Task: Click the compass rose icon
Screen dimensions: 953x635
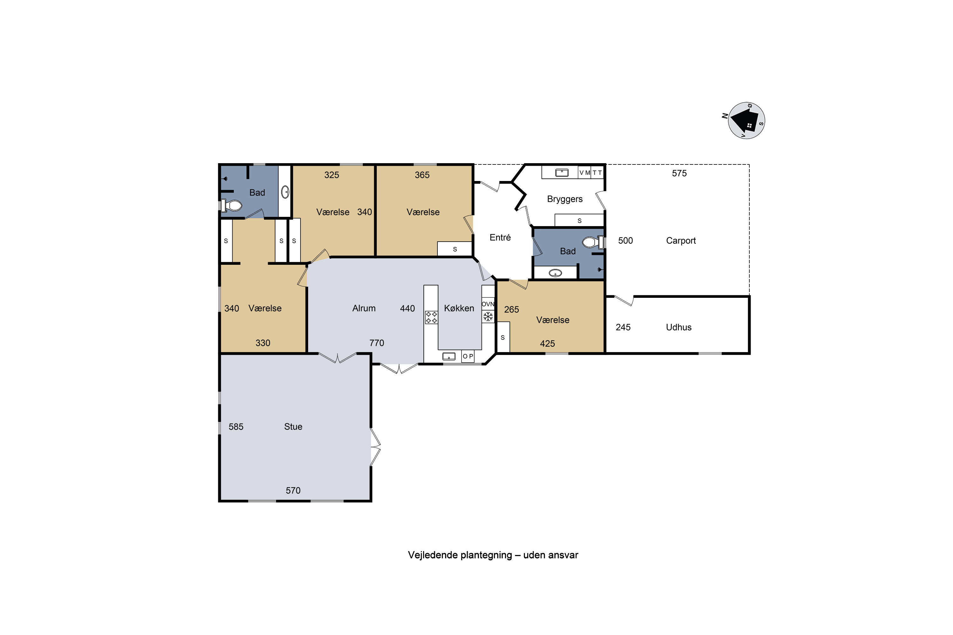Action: [746, 121]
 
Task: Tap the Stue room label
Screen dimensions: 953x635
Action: [293, 426]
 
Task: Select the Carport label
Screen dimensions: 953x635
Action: [681, 241]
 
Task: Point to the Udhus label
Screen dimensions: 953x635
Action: [679, 327]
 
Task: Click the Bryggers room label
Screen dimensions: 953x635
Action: [565, 199]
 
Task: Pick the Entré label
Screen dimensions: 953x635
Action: [500, 237]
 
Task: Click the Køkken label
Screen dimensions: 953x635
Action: [459, 308]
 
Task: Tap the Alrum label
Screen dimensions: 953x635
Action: [364, 308]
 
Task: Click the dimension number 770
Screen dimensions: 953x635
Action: [377, 343]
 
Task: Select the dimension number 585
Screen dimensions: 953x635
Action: [236, 427]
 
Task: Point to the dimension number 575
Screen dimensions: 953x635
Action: [679, 173]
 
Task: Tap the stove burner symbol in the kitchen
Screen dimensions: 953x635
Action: [431, 317]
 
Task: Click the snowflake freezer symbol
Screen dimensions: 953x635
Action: [488, 317]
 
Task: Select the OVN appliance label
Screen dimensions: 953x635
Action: [488, 304]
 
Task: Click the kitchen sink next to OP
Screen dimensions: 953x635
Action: [449, 356]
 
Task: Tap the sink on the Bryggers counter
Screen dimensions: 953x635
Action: [562, 173]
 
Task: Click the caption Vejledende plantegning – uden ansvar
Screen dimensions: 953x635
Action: [493, 555]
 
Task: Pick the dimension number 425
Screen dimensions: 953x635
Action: [547, 344]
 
